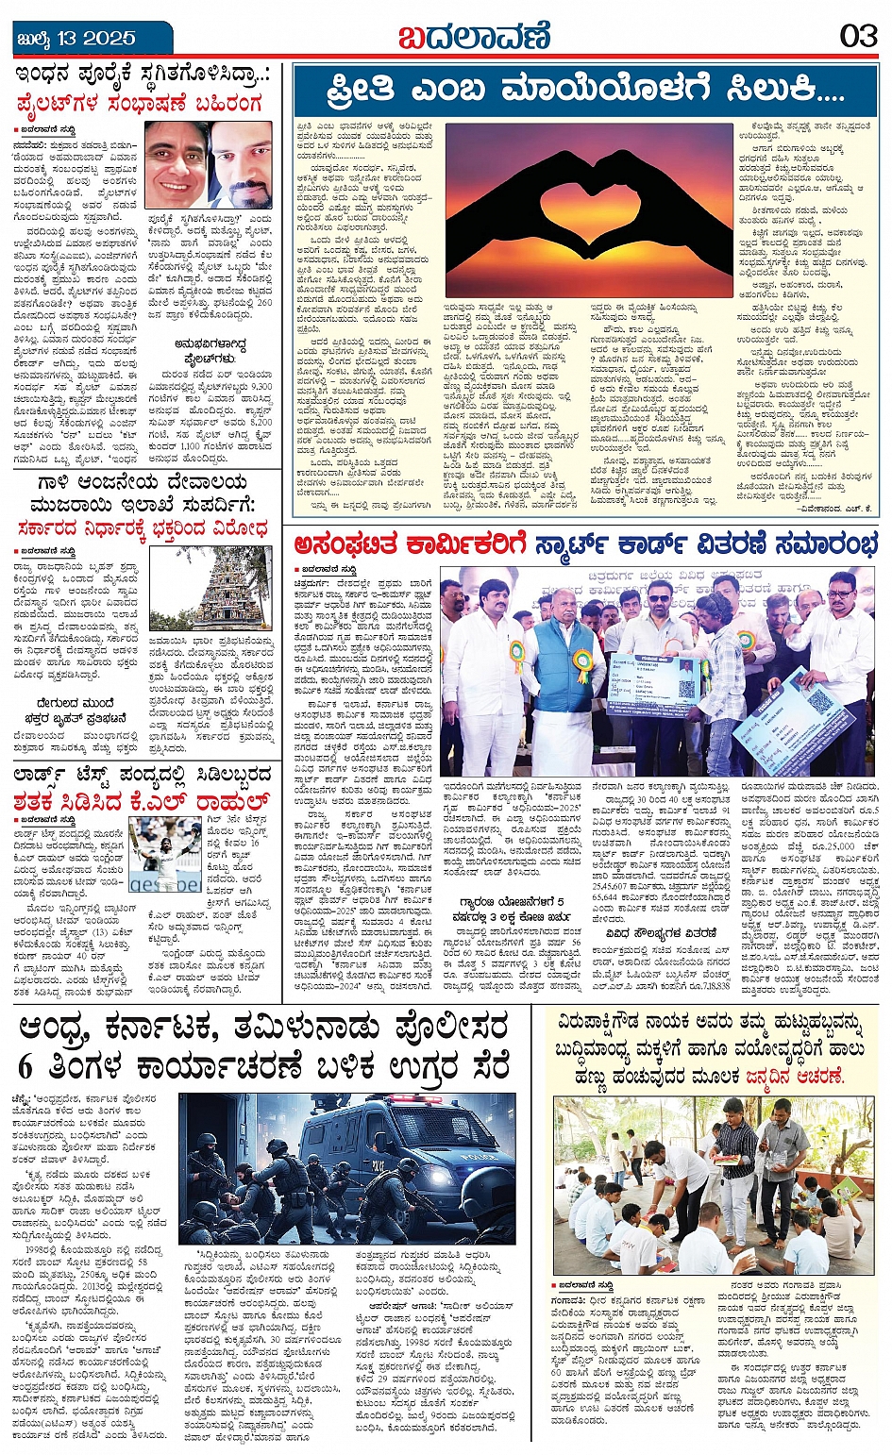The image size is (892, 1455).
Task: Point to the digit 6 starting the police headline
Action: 25,1067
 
